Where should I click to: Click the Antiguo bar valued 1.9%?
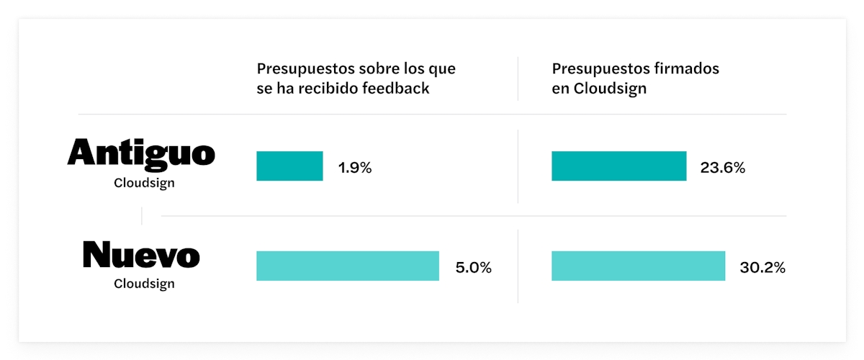[x=289, y=166]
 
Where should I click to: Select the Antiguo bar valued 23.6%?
[x=618, y=166]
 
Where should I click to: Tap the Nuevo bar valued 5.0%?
[x=348, y=266]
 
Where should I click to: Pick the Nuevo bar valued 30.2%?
[x=638, y=266]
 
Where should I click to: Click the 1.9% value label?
[x=355, y=168]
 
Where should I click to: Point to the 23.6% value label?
[x=722, y=168]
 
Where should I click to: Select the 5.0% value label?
[x=473, y=268]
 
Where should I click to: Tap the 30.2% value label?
[x=762, y=268]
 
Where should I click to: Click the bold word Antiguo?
[x=141, y=153]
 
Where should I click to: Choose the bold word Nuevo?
[x=141, y=255]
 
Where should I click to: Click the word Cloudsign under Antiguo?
[x=144, y=183]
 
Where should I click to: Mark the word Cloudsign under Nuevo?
[x=144, y=284]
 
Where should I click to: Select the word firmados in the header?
[x=686, y=69]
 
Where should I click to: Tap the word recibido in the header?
[x=337, y=89]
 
